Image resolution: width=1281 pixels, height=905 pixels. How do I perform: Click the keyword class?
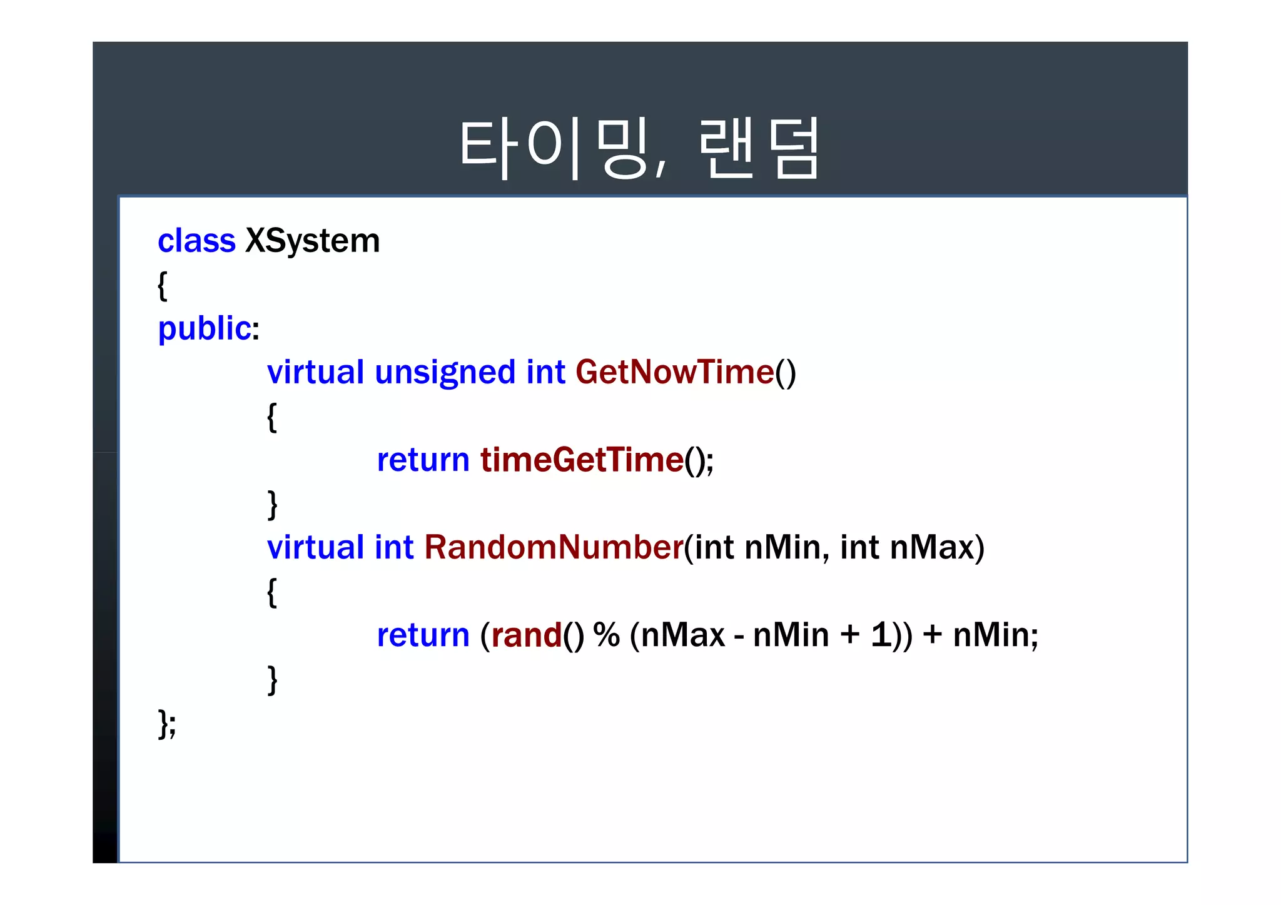[x=196, y=241]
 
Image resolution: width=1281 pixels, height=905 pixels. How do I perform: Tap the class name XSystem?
[x=312, y=241]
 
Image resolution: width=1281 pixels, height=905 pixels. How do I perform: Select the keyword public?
[x=205, y=328]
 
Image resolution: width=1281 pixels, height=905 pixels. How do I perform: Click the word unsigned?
[x=445, y=373]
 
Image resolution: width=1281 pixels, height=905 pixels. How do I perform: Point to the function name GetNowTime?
[x=675, y=372]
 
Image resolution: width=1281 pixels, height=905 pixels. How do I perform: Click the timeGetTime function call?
[x=582, y=460]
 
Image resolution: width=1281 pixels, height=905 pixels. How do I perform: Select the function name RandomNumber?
[x=554, y=547]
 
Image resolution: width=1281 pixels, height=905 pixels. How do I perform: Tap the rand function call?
[x=527, y=635]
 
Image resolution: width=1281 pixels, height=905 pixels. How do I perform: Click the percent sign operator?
[x=606, y=635]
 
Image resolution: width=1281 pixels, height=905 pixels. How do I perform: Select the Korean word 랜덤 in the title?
[x=759, y=149]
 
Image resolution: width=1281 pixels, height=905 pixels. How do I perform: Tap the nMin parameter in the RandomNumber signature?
[x=782, y=547]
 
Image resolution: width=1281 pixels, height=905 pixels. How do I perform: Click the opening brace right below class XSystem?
[x=163, y=286]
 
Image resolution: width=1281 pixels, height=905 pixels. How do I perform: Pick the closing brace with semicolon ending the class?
[x=167, y=724]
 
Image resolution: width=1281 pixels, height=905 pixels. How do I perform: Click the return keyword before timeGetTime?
[x=423, y=460]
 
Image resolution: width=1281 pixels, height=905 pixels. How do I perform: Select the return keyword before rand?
[x=423, y=635]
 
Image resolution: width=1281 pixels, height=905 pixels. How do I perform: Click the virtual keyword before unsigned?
[x=315, y=372]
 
